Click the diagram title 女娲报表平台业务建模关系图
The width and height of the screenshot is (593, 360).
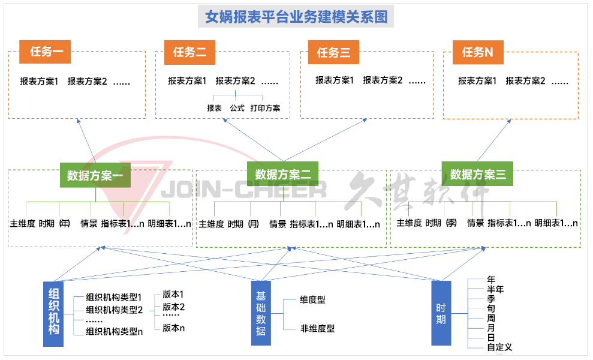(296, 16)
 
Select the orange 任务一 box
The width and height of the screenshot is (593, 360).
(45, 52)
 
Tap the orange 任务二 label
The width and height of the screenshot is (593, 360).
(189, 52)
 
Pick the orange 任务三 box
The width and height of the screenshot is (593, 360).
(333, 52)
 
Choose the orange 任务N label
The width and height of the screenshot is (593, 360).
(477, 52)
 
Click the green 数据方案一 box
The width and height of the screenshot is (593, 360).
(95, 175)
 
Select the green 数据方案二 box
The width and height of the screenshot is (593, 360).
(283, 174)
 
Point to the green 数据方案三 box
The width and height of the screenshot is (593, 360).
(478, 174)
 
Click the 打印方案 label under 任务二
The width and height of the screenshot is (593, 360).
(265, 109)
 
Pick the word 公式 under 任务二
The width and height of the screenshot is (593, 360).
(237, 109)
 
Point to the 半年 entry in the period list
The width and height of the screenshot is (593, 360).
(495, 289)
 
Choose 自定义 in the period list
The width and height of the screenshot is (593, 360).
(499, 347)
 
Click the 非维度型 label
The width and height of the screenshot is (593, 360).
(317, 328)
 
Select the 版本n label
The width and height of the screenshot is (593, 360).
(173, 328)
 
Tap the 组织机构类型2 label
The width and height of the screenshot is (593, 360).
(114, 310)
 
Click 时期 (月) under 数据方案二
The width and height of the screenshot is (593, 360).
(243, 224)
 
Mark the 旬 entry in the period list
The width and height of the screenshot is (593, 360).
(491, 308)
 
